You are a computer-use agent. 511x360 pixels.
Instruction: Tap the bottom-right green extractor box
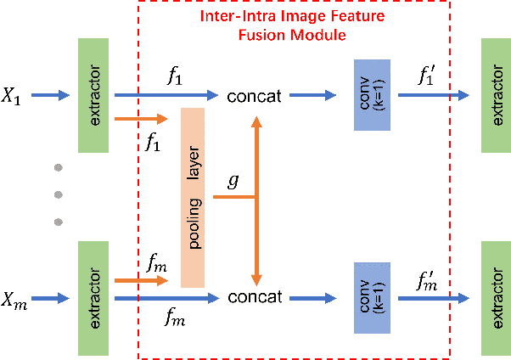(495, 298)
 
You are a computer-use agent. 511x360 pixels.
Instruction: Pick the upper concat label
(254, 96)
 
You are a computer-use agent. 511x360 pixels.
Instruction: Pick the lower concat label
(254, 298)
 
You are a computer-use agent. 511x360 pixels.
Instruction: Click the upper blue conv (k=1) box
(372, 95)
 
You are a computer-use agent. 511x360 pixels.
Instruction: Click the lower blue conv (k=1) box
(372, 298)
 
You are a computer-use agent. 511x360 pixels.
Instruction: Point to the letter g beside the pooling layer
(233, 182)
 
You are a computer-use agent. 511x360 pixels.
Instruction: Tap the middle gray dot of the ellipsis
(59, 194)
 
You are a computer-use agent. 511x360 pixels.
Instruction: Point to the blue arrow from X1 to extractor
(55, 95)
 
